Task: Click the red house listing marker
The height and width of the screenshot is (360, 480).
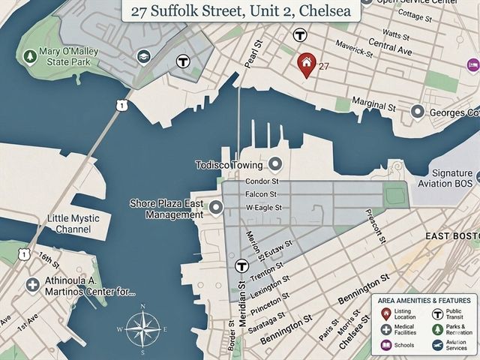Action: click(x=305, y=64)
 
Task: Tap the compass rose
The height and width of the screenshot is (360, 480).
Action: click(x=142, y=328)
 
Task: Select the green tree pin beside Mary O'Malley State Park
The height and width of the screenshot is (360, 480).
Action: click(x=30, y=56)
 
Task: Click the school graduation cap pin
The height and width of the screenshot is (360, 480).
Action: click(x=142, y=56)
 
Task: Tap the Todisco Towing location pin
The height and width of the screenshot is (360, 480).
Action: click(x=275, y=164)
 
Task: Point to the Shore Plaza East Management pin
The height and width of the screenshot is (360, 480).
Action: click(x=216, y=208)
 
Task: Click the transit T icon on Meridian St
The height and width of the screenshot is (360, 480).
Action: click(x=241, y=265)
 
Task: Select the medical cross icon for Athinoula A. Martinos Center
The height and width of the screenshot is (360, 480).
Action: click(x=32, y=284)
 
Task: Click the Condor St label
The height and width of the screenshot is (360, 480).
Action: click(x=262, y=181)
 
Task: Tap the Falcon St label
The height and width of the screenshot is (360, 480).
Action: click(x=262, y=194)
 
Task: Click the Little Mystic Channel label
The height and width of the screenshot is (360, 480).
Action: click(x=79, y=223)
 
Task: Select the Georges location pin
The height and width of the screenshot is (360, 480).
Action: click(x=418, y=112)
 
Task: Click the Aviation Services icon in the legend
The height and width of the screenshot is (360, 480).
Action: click(x=436, y=344)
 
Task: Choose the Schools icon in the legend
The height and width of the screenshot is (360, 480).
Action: click(x=385, y=345)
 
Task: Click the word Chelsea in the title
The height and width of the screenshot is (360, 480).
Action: click(x=325, y=11)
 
